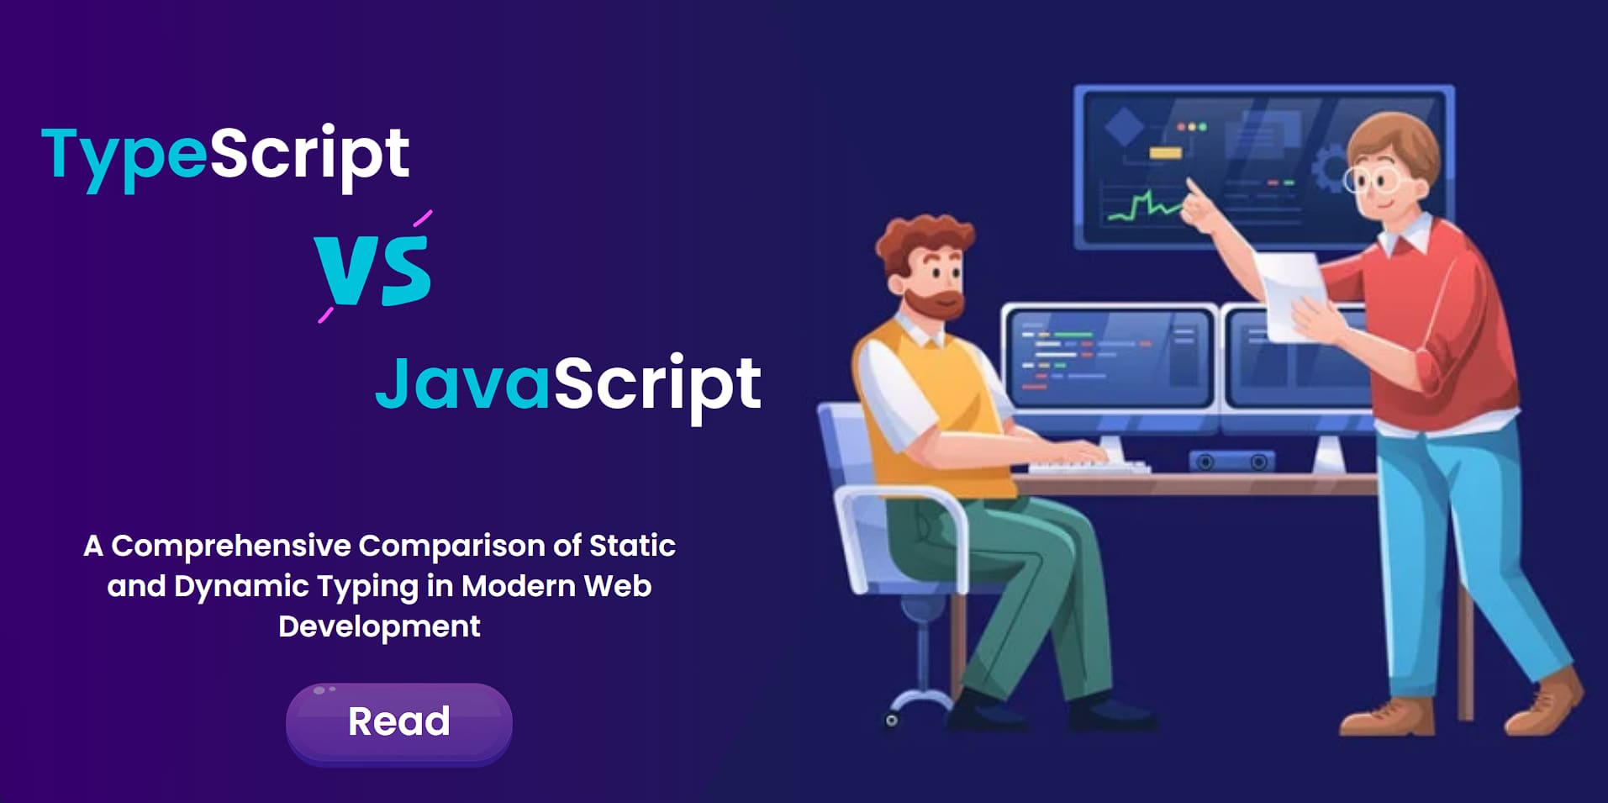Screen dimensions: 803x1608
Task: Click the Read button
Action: [399, 722]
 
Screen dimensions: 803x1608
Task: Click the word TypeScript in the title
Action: [225, 156]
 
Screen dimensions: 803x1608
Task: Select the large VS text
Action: [373, 269]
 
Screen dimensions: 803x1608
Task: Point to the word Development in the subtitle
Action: [379, 626]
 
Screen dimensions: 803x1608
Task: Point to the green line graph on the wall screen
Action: [1143, 206]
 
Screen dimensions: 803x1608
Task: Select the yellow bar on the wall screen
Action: [1165, 152]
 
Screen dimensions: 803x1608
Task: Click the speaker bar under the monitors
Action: [1231, 462]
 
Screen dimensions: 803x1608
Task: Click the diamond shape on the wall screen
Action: [1124, 127]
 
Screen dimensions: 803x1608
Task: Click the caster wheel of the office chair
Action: [892, 720]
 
